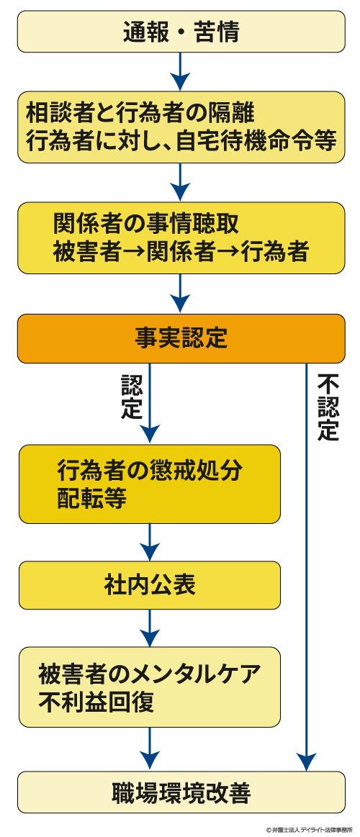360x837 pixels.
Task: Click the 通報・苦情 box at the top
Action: point(181,32)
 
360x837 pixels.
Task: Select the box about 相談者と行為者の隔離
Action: point(181,127)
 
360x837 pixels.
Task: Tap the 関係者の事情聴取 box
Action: point(181,237)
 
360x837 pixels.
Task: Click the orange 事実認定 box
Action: point(181,338)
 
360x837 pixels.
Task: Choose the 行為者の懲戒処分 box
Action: point(149,484)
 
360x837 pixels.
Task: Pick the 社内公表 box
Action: point(149,585)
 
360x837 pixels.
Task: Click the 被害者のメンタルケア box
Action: point(149,687)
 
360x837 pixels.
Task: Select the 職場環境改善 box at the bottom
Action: point(181,794)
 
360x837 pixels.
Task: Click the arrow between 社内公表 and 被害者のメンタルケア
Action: point(149,628)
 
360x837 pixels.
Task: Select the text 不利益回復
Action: point(96,702)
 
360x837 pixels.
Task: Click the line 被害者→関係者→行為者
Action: point(181,252)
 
